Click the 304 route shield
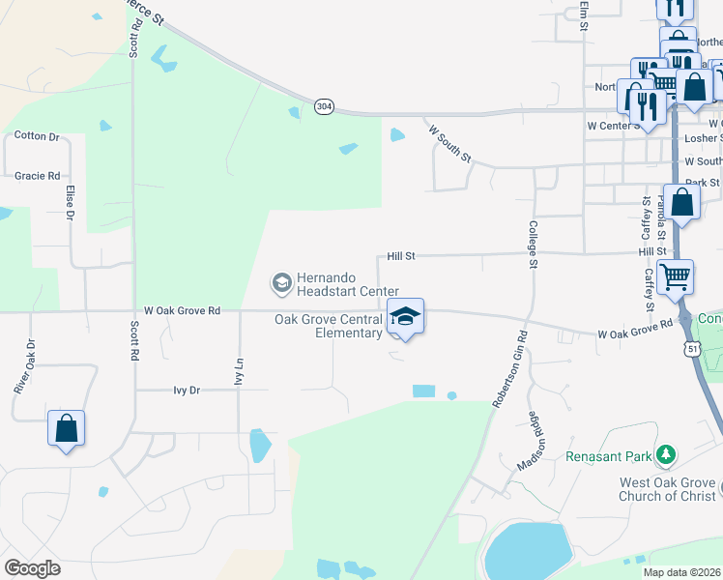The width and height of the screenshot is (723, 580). pyautogui.click(x=324, y=107)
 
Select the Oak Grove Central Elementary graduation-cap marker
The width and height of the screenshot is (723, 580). pyautogui.click(x=406, y=317)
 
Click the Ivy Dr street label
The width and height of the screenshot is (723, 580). pyautogui.click(x=186, y=391)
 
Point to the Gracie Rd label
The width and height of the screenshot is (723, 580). pyautogui.click(x=37, y=176)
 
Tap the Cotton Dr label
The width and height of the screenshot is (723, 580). pyautogui.click(x=37, y=136)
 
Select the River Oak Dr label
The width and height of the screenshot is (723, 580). pyautogui.click(x=24, y=364)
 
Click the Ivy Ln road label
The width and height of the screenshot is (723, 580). pyautogui.click(x=239, y=371)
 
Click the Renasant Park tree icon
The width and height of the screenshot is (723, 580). pyautogui.click(x=663, y=454)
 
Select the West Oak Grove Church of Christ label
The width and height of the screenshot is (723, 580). pyautogui.click(x=670, y=489)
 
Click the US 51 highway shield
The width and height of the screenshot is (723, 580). pyautogui.click(x=688, y=346)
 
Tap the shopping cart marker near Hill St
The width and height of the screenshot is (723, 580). pyautogui.click(x=675, y=275)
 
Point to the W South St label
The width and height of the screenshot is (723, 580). pyautogui.click(x=448, y=141)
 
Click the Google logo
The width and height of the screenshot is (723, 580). pyautogui.click(x=32, y=567)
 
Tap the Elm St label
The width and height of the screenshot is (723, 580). pyautogui.click(x=584, y=14)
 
